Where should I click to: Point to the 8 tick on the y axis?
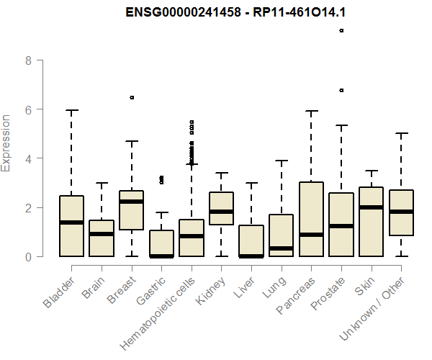(28, 60)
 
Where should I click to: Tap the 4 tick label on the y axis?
(28, 158)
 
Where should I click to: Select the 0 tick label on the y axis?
(28, 256)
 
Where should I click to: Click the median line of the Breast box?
(132, 202)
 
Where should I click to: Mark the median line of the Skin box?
(371, 207)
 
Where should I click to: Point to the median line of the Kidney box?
(221, 212)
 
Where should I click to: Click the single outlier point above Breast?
(132, 97)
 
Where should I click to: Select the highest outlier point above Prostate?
(341, 30)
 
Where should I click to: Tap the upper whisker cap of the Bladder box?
(72, 110)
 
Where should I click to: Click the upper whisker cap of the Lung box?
(282, 161)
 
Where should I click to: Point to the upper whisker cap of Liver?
(251, 183)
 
